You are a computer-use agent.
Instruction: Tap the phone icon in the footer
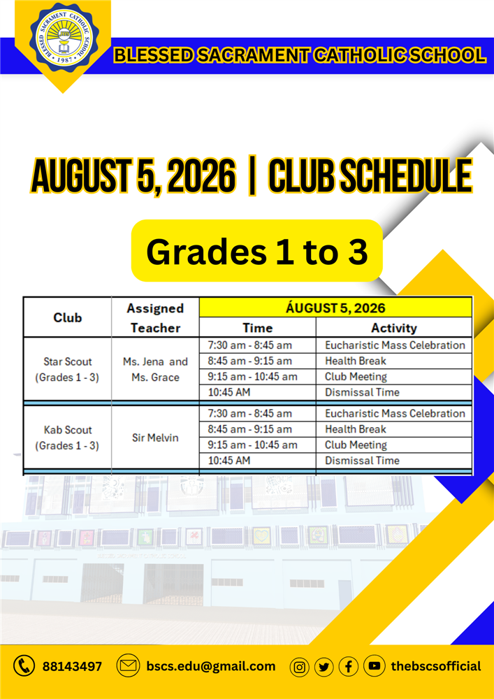click(x=24, y=666)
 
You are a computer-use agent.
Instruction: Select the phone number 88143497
click(x=72, y=666)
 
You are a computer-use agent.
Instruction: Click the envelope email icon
click(x=128, y=666)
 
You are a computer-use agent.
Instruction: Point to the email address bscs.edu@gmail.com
click(x=211, y=666)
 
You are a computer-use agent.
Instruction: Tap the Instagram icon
click(x=300, y=667)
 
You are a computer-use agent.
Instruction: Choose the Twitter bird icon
click(x=324, y=667)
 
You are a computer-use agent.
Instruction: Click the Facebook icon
click(x=349, y=667)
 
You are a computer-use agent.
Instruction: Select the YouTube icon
click(x=375, y=666)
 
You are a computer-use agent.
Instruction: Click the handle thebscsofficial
click(x=436, y=666)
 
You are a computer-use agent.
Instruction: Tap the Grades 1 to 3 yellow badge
click(x=257, y=250)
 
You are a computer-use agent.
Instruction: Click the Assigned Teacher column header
click(x=155, y=318)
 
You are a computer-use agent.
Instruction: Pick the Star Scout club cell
click(x=67, y=369)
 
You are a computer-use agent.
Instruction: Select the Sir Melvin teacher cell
click(x=155, y=438)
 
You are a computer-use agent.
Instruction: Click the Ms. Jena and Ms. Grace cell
click(x=155, y=369)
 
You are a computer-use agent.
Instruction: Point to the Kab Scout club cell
click(x=67, y=438)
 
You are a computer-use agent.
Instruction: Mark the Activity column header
click(x=394, y=328)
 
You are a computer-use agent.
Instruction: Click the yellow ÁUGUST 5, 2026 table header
click(x=335, y=308)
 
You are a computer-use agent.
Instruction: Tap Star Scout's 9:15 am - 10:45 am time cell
click(x=257, y=377)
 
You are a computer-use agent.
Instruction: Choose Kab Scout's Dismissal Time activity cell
click(x=394, y=461)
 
